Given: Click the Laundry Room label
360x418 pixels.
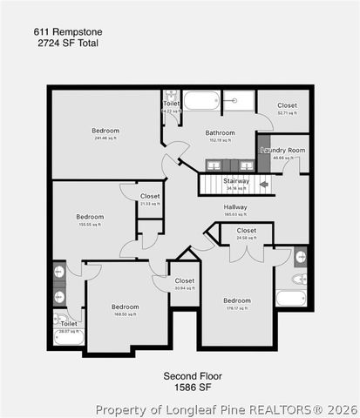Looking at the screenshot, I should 283,150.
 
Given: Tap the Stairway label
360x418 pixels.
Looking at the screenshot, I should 236,181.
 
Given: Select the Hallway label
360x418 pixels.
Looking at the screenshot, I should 235,206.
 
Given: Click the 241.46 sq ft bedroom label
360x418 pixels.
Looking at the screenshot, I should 105,131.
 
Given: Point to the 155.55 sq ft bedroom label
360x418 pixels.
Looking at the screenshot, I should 90,217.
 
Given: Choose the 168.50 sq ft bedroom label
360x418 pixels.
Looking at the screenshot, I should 125,307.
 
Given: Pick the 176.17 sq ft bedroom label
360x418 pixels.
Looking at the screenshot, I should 236,300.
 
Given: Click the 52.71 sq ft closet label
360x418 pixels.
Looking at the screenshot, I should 287,105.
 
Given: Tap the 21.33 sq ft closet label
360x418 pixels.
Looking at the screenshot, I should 150,196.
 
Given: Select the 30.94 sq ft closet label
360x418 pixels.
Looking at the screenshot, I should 185,280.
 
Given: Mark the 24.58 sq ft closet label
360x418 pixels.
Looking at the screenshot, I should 247,231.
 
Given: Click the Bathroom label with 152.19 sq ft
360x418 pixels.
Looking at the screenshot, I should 221,133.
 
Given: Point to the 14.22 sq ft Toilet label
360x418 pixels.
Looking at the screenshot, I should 172,104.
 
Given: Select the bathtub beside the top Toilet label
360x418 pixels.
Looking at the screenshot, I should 201,101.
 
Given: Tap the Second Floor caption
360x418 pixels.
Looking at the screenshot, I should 193,375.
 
